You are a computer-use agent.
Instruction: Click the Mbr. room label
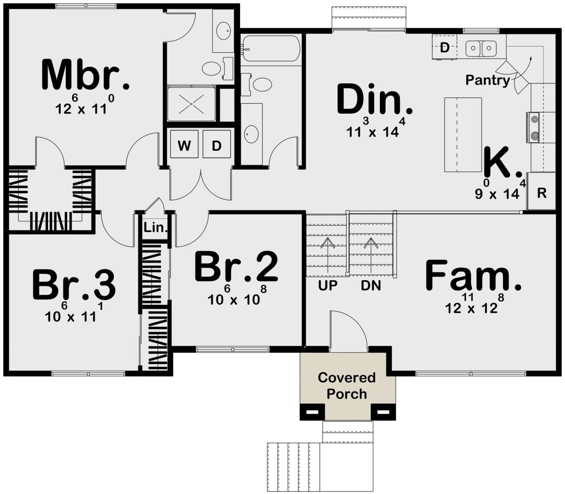(85, 74)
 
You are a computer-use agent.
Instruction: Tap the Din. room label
(375, 99)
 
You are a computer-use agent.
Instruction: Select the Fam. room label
(473, 275)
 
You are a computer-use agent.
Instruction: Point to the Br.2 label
(236, 267)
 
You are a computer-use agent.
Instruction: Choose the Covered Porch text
(347, 386)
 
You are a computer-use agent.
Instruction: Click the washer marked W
(184, 145)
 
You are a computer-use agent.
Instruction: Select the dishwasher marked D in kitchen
(444, 47)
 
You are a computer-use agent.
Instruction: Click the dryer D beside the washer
(217, 145)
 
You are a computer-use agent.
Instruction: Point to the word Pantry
(488, 81)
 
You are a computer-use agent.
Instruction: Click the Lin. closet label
(155, 227)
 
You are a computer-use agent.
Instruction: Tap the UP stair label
(328, 285)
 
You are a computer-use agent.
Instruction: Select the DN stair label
(371, 285)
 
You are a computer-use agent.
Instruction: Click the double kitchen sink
(481, 49)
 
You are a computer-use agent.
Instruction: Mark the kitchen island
(463, 135)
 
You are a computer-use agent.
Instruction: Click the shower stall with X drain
(191, 104)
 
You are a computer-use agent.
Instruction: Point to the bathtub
(271, 49)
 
